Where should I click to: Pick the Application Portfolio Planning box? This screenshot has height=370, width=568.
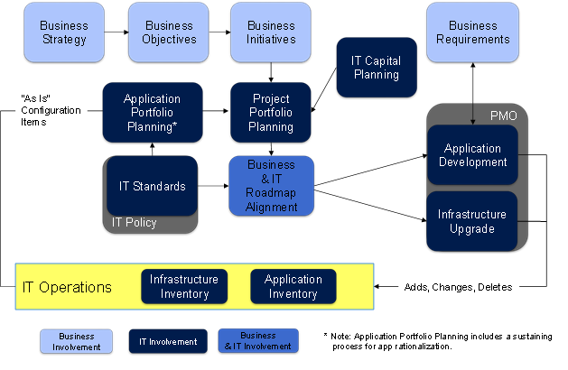pos(152,112)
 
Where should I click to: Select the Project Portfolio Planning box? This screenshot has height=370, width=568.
pos(271,112)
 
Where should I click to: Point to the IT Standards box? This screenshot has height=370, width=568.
pos(153,187)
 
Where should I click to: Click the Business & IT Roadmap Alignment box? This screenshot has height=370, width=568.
pos(271,186)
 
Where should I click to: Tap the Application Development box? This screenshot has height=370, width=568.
pos(472,155)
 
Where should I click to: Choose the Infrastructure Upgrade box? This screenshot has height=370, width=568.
pos(472,221)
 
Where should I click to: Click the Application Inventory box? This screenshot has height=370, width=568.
pos(293,287)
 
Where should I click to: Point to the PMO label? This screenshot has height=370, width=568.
pos(504,116)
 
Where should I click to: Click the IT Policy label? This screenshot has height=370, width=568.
pos(134,223)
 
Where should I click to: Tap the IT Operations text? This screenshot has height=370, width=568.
pos(68,287)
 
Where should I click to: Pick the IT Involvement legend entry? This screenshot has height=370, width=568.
pos(168,340)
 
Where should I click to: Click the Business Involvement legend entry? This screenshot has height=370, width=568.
pos(76,340)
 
